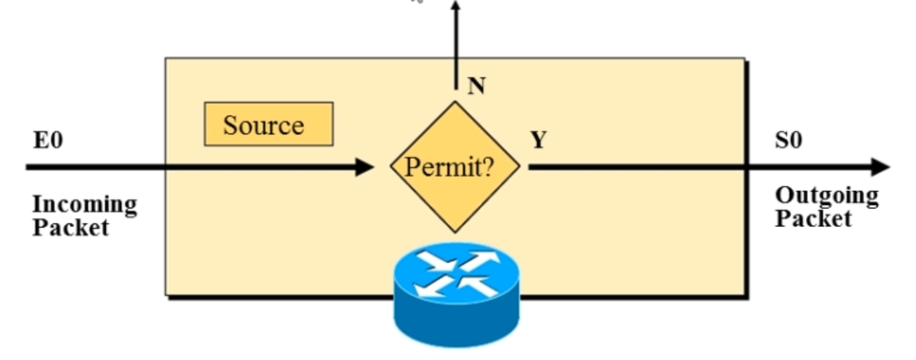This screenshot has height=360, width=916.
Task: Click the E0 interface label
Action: [x=48, y=141]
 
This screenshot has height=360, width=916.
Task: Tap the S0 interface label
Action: [x=788, y=141]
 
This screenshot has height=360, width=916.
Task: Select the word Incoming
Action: [x=85, y=204]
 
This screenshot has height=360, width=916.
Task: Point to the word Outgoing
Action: [x=827, y=196]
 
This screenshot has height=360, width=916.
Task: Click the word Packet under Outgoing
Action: [x=813, y=218]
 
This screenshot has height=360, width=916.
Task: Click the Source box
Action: [x=268, y=125]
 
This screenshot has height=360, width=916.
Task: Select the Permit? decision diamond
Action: [x=455, y=167]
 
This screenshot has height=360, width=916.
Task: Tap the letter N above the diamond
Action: [x=476, y=86]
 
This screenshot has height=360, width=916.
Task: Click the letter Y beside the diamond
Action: [x=539, y=140]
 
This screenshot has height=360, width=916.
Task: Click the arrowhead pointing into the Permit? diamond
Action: [x=365, y=167]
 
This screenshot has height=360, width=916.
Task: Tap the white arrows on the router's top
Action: [x=456, y=271]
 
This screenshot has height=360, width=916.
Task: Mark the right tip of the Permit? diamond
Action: [x=519, y=167]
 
